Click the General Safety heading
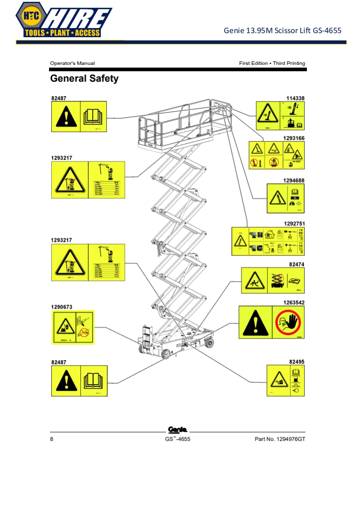(x=84, y=78)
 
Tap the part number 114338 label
(x=295, y=98)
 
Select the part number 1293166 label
(x=294, y=138)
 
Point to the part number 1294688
(x=294, y=181)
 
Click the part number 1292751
(x=294, y=223)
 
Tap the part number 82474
(x=296, y=264)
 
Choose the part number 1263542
(x=294, y=302)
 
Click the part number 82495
(x=296, y=362)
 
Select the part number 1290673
(x=61, y=307)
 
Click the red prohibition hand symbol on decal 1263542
(x=288, y=322)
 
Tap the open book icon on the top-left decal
(x=94, y=117)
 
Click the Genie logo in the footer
(x=178, y=429)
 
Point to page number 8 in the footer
(x=52, y=439)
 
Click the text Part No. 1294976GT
(x=280, y=439)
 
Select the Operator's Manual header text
(x=72, y=64)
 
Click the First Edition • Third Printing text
(x=272, y=64)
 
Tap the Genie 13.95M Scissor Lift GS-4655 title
(x=282, y=31)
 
